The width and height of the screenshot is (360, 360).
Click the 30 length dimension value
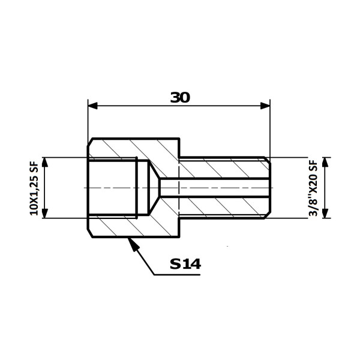180,98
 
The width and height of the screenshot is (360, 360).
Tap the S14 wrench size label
185,264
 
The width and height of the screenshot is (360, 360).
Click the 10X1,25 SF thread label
34,188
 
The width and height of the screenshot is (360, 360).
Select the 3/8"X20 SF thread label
313,188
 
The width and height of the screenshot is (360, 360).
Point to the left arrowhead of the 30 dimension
93,106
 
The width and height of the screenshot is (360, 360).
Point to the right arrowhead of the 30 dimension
265,106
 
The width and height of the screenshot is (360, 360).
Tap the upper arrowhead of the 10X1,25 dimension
45,162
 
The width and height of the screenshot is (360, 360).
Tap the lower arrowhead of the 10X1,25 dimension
45,213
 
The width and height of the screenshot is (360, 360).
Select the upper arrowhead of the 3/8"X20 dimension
325,162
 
